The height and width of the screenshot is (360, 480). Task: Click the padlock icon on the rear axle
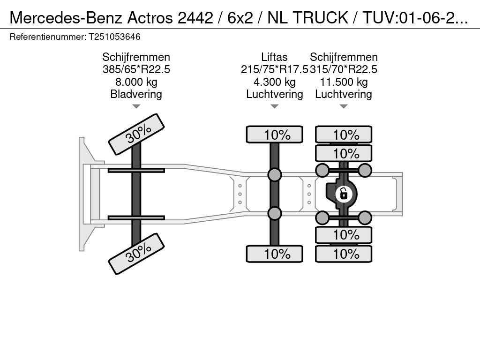click(344, 194)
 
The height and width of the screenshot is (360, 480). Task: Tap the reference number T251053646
click(114, 37)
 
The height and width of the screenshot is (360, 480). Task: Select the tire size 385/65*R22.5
click(136, 69)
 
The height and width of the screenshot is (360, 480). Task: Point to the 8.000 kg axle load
click(136, 82)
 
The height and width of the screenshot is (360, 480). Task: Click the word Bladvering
click(136, 94)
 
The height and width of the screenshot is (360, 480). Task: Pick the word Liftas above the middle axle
click(274, 57)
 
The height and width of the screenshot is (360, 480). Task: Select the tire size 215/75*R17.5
click(274, 69)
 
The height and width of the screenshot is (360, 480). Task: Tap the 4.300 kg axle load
click(274, 82)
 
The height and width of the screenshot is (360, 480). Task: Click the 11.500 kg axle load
click(344, 82)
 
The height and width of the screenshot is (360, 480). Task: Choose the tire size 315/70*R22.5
click(344, 69)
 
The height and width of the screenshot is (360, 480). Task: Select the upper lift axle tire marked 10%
click(275, 135)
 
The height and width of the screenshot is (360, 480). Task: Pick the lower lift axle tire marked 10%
click(275, 254)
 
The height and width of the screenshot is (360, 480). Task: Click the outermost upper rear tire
click(344, 135)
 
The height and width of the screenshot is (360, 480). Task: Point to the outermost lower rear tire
click(344, 254)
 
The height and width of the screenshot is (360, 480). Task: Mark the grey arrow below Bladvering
click(136, 106)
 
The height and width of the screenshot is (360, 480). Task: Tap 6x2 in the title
click(240, 18)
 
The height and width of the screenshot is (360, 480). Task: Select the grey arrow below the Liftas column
click(275, 106)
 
